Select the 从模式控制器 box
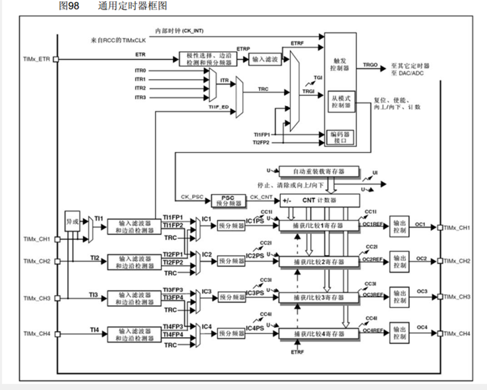340,101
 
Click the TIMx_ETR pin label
37,59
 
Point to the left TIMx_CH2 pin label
37,261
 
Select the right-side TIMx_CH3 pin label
457,297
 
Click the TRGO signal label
370,65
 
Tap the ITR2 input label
140,88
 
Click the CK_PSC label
191,196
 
